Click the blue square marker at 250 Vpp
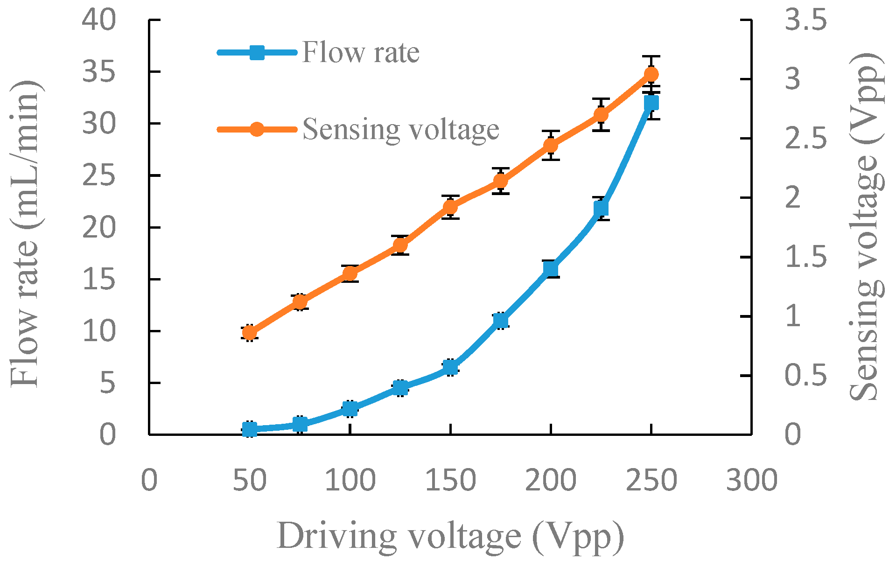pyautogui.click(x=651, y=103)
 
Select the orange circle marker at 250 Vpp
pyautogui.click(x=651, y=74)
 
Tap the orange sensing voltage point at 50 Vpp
pyautogui.click(x=250, y=333)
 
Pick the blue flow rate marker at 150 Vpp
pyautogui.click(x=450, y=367)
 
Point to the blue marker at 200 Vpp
pyautogui.click(x=551, y=269)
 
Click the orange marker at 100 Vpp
pyautogui.click(x=350, y=273)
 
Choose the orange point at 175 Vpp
pyautogui.click(x=500, y=181)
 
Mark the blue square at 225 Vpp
pyautogui.click(x=601, y=208)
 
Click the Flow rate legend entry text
pyautogui.click(x=361, y=52)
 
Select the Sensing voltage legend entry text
pyautogui.click(x=401, y=129)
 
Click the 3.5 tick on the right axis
pyautogui.click(x=805, y=21)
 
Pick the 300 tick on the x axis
pyautogui.click(x=751, y=480)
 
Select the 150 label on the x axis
pyautogui.click(x=450, y=480)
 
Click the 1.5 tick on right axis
pyautogui.click(x=805, y=257)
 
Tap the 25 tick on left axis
pyautogui.click(x=99, y=176)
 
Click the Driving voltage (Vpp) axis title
pyautogui.click(x=450, y=537)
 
